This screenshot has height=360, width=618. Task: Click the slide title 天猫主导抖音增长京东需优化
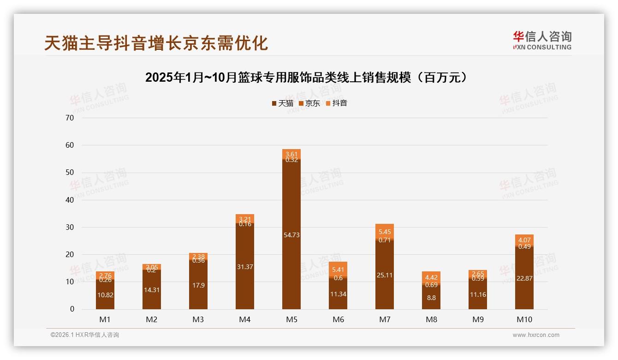point(156,43)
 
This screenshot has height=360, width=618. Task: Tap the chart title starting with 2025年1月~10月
point(309,78)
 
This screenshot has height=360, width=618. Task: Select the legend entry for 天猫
point(283,103)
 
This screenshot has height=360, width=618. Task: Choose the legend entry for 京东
point(309,103)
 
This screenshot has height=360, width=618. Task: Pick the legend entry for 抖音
point(336,103)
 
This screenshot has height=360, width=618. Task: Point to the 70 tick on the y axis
point(70,118)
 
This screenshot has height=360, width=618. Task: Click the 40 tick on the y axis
point(70,200)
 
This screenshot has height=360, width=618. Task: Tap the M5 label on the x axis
point(291,319)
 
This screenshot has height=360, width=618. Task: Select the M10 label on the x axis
point(524,319)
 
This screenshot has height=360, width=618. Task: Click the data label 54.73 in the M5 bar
point(291,235)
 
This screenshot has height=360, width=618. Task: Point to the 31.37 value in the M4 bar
point(245,267)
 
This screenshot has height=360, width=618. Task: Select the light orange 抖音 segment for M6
point(338,269)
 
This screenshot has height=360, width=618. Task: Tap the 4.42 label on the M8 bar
point(431,277)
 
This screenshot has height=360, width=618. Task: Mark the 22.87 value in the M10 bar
point(524,278)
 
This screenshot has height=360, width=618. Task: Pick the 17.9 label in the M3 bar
point(198,285)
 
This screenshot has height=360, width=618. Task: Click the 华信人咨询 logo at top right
point(542,40)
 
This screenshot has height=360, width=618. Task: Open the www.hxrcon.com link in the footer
point(536,335)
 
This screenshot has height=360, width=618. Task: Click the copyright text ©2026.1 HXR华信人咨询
point(85,335)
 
